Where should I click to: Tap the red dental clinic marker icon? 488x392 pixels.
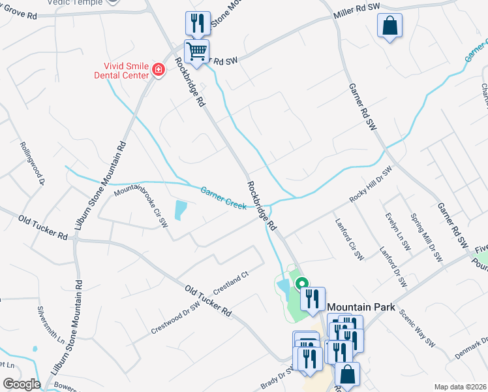click(158, 69)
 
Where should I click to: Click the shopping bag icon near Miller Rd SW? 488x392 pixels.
click(389, 26)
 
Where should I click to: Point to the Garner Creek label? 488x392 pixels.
click(223, 197)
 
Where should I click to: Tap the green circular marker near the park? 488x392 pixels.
click(301, 284)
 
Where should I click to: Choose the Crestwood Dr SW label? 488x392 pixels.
click(175, 317)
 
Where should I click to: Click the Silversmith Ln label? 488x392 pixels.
click(51, 325)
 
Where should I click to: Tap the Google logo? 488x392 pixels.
click(22, 384)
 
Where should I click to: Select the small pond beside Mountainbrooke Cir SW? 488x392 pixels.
click(179, 210)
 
